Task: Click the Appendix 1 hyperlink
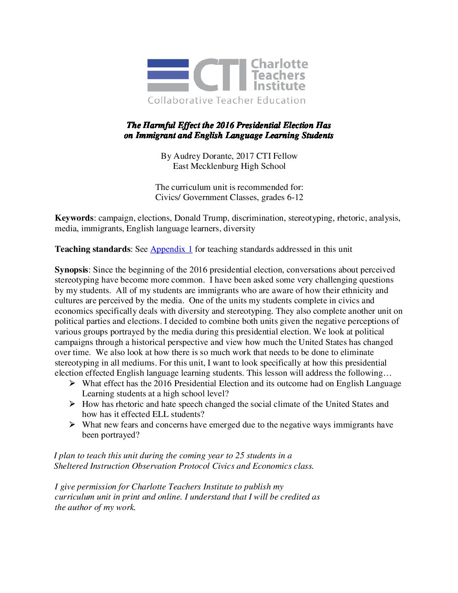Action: point(171,249)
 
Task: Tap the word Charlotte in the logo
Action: point(279,64)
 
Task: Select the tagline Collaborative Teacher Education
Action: point(226,100)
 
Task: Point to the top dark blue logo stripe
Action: point(168,63)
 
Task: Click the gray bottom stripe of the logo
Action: point(168,88)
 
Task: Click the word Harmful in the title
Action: point(159,125)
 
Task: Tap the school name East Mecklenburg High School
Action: point(229,166)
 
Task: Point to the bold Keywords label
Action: point(74,218)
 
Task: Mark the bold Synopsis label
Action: point(71,270)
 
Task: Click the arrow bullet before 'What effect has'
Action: point(72,383)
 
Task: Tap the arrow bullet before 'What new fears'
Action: point(72,425)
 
